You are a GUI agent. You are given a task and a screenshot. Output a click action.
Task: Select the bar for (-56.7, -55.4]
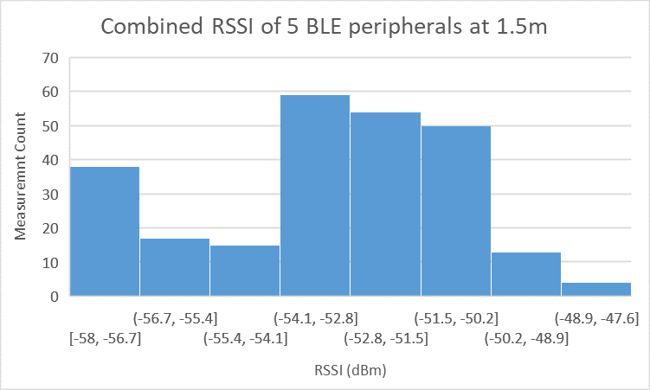(175, 267)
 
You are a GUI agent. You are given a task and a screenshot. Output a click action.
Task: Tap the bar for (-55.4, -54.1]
(245, 271)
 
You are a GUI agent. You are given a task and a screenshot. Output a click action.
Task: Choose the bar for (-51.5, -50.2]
(456, 211)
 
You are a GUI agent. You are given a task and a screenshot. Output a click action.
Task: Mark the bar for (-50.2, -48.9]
(526, 274)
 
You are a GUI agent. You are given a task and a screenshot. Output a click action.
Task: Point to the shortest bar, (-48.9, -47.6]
(596, 289)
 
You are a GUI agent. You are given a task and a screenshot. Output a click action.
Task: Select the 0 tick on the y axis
(53, 297)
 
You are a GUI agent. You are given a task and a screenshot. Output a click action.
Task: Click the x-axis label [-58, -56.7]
(105, 337)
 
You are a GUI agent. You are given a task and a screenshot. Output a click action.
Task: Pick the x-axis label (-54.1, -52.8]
(315, 317)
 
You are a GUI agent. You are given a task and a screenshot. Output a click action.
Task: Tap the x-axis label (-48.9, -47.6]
(596, 317)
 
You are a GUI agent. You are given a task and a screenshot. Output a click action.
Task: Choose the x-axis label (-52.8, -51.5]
(385, 337)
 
